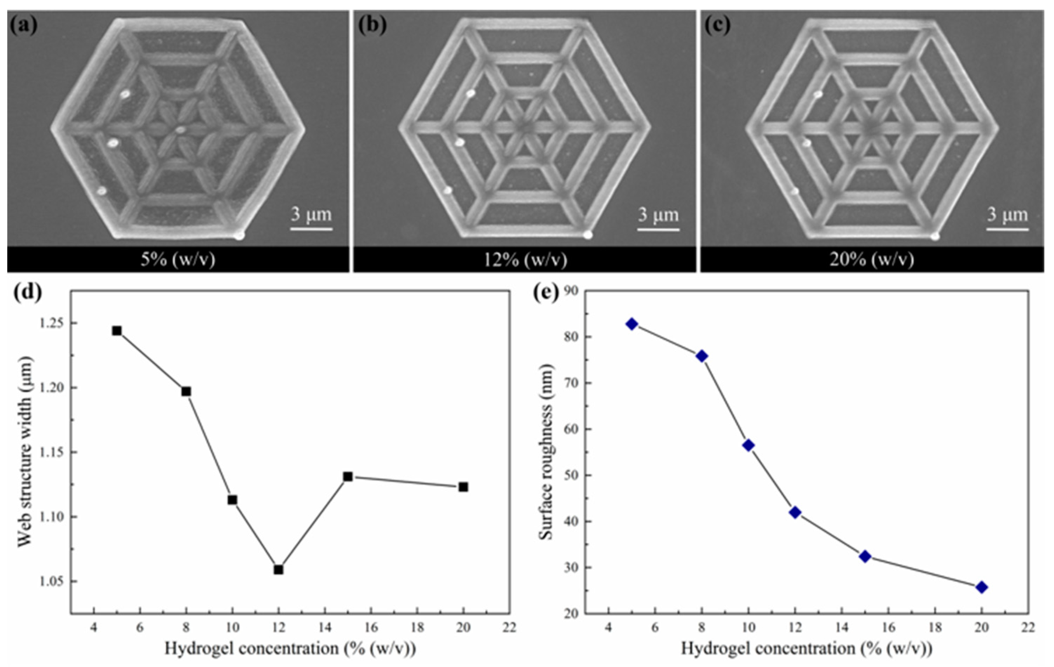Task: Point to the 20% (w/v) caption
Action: point(871,260)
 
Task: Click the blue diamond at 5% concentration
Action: point(632,324)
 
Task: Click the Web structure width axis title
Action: point(25,451)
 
